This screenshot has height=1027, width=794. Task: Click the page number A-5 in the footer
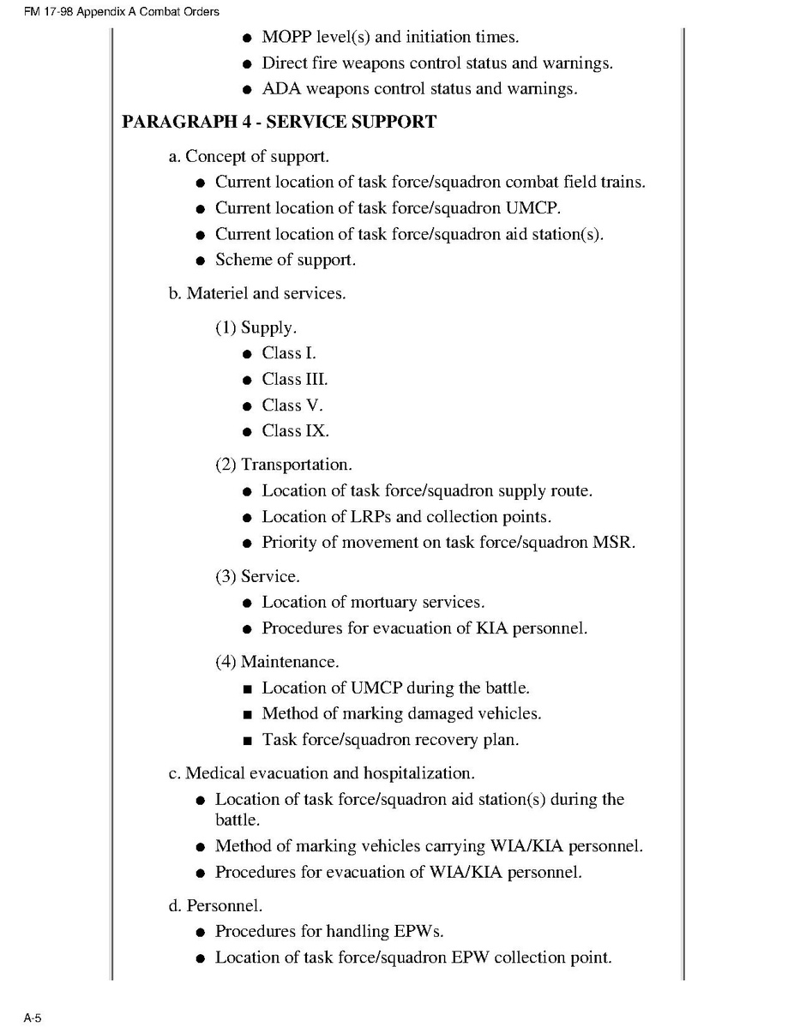(x=33, y=1018)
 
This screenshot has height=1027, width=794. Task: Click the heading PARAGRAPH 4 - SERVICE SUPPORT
(x=279, y=122)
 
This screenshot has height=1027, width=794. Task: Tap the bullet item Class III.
(x=294, y=379)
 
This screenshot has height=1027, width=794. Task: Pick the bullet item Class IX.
(x=295, y=430)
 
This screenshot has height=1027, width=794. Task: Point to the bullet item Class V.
(x=292, y=405)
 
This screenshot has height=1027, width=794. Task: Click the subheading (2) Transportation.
(x=283, y=465)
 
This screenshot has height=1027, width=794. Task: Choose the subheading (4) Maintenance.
(x=277, y=662)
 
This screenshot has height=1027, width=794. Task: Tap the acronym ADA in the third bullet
(x=280, y=89)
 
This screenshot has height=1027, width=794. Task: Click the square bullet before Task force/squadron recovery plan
(x=247, y=740)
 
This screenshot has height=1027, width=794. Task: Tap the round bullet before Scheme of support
(x=200, y=261)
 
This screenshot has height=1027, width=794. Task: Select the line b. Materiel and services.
(x=257, y=293)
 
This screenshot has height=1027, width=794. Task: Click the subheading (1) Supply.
(x=257, y=327)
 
